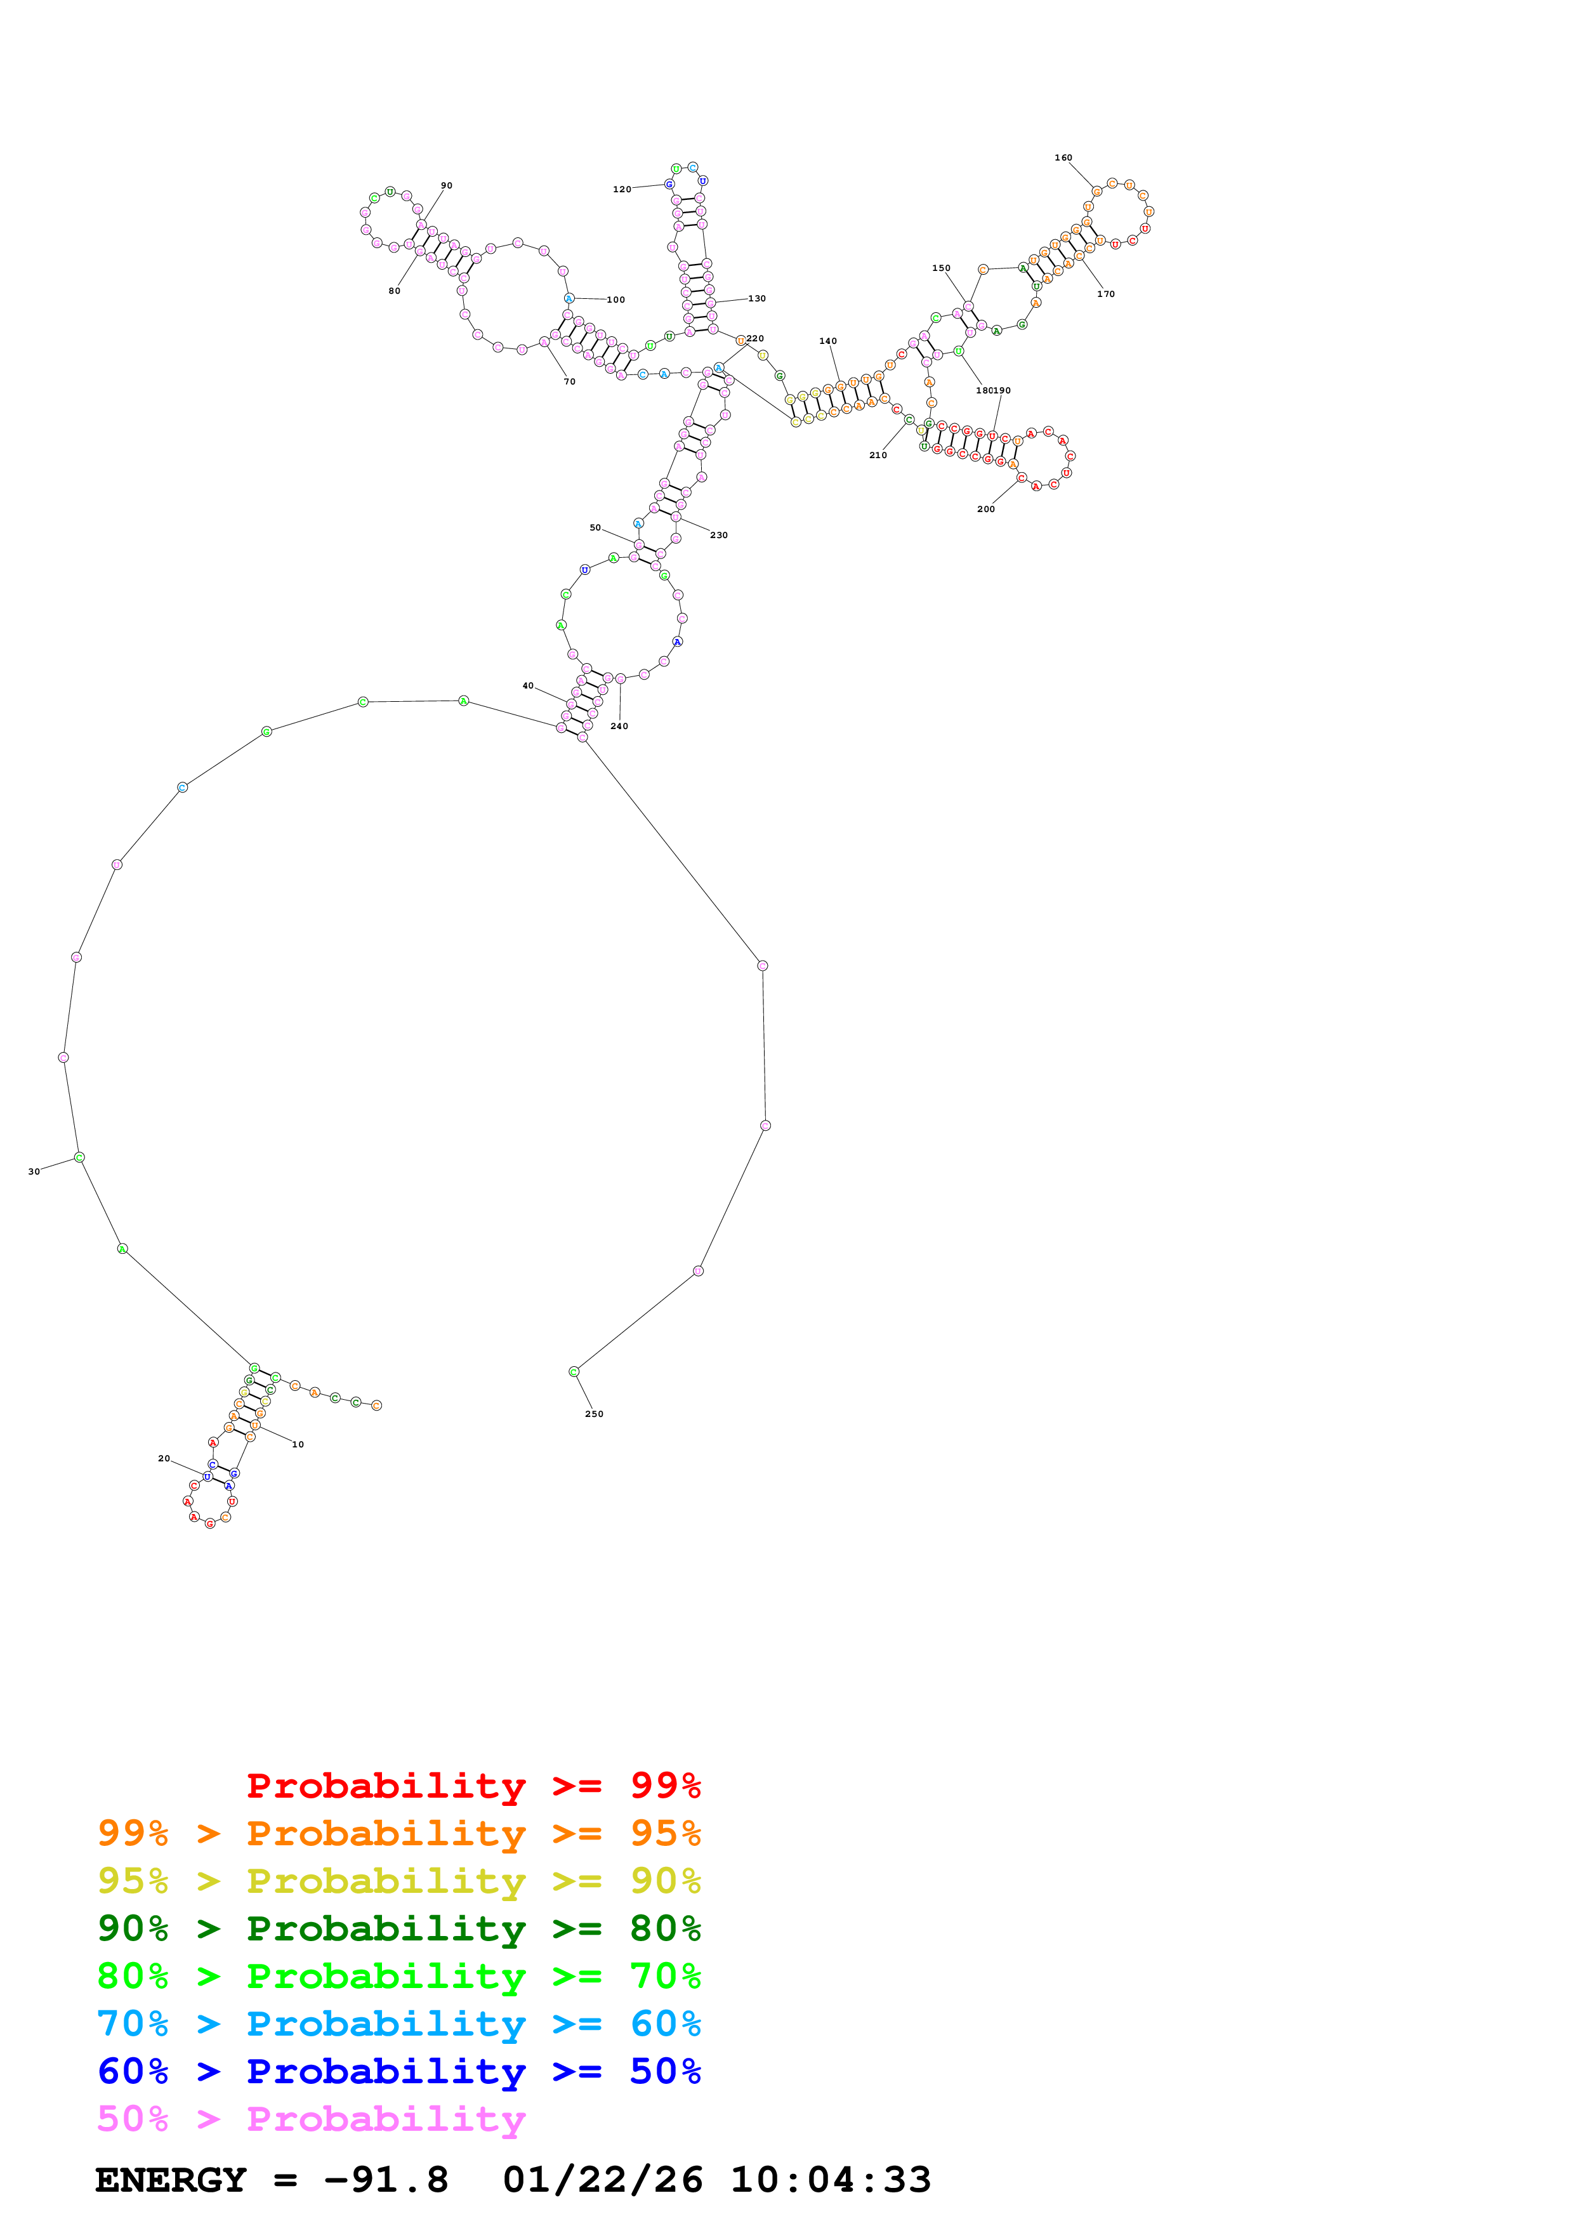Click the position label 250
[593, 1414]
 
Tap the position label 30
[34, 1171]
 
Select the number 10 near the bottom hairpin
[298, 1444]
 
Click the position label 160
[1063, 157]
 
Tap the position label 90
[446, 185]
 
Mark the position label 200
[985, 508]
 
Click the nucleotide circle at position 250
[574, 1371]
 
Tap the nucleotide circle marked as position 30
[79, 1157]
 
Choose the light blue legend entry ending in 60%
[398, 2024]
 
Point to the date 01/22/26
[602, 2180]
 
